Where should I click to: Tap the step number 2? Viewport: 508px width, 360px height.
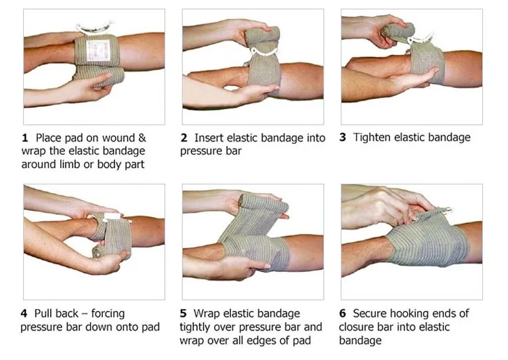click(184, 138)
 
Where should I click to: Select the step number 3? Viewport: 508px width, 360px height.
click(343, 138)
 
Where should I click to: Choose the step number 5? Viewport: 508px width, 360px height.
click(184, 314)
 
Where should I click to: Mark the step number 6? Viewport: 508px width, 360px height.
click(343, 314)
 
